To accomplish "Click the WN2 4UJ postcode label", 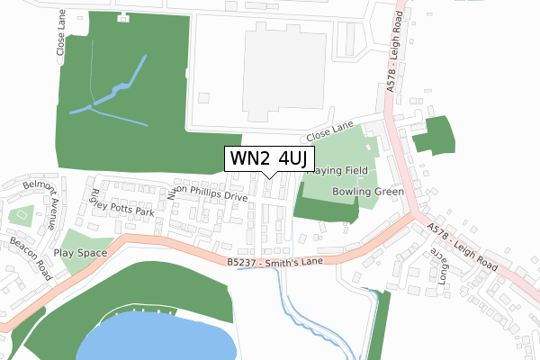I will (x=269, y=158).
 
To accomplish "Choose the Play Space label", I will (x=80, y=253).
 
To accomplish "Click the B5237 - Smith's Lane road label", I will (x=274, y=262).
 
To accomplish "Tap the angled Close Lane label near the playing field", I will (x=330, y=134).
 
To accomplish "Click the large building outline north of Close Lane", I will (x=261, y=72).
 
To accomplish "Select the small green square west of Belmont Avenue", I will (x=20, y=216).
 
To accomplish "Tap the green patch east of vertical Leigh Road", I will (x=434, y=135).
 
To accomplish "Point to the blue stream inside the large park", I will (x=112, y=94).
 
